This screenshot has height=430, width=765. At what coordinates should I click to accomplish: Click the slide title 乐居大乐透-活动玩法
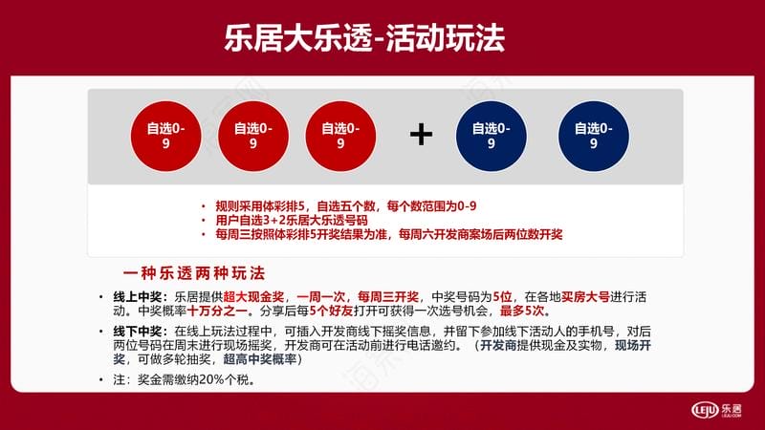tap(364, 38)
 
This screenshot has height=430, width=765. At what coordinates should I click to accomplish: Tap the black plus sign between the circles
tap(421, 135)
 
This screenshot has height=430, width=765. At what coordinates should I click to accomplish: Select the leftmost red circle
tap(165, 136)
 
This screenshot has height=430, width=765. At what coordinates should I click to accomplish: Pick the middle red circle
tap(253, 136)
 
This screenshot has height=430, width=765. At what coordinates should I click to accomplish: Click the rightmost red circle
tap(340, 136)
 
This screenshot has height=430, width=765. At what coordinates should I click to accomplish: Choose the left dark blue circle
tap(492, 136)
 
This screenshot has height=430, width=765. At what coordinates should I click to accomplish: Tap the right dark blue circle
tap(593, 136)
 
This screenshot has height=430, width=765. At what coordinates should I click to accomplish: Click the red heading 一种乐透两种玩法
tap(194, 273)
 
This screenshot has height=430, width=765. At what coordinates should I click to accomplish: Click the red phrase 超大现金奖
tap(253, 297)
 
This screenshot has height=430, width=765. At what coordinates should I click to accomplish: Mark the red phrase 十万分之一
tap(217, 311)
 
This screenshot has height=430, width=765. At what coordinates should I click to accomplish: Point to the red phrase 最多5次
tap(521, 311)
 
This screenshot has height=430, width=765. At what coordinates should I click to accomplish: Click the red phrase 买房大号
tap(585, 297)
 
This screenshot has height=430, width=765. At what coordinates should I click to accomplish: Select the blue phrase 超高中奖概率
tap(260, 359)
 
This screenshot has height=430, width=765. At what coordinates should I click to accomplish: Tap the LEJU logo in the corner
tap(716, 410)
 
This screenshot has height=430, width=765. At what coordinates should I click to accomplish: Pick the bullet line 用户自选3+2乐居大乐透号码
tap(292, 221)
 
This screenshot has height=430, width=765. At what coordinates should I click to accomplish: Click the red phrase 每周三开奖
tap(388, 297)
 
